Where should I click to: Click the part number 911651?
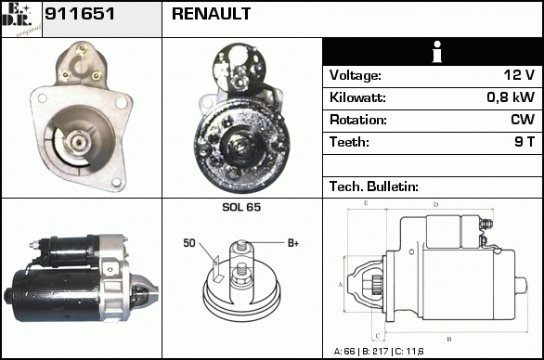tap(80, 14)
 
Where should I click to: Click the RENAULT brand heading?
tap(211, 14)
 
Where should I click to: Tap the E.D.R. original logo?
tap(21, 19)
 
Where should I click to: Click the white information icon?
tap(437, 52)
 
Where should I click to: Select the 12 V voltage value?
tap(519, 75)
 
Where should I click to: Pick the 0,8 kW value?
tap(511, 97)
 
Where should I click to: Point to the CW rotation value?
tap(523, 120)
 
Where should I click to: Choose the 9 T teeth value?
tap(525, 142)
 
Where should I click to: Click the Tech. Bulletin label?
tap(374, 186)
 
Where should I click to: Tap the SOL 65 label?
tap(241, 207)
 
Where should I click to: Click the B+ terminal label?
tap(293, 243)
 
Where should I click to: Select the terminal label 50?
tap(189, 243)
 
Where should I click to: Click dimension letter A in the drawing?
tap(341, 285)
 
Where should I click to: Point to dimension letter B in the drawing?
tap(449, 339)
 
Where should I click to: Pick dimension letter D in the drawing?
tap(436, 205)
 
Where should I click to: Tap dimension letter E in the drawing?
tap(366, 203)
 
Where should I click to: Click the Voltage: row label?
tap(356, 75)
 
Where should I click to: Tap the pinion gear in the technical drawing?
tap(376, 285)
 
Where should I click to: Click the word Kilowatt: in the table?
tap(357, 97)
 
